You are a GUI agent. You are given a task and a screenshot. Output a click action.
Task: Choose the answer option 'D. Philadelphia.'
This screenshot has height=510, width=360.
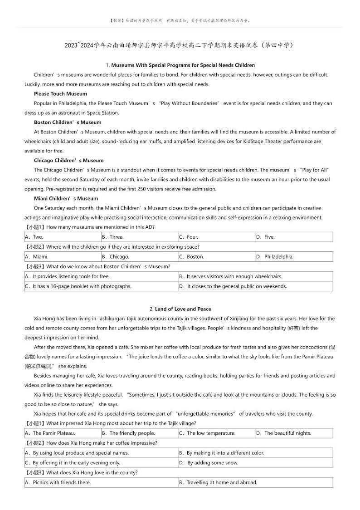(x=275, y=256)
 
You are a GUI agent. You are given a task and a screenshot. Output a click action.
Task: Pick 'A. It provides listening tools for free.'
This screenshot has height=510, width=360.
(x=68, y=276)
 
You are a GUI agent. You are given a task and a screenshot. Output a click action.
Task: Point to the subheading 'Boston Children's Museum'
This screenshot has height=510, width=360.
(x=68, y=122)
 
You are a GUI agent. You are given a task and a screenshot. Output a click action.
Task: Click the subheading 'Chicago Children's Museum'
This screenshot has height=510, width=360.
(x=68, y=160)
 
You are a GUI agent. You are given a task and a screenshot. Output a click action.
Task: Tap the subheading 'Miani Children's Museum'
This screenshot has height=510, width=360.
(x=66, y=198)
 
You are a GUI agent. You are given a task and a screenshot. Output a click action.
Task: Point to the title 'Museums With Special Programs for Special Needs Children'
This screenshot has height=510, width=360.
(x=183, y=65)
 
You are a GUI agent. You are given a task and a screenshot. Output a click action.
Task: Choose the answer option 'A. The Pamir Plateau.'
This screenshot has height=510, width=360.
(x=50, y=433)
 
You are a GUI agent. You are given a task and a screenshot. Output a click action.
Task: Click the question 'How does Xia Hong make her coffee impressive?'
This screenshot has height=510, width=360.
(x=102, y=443)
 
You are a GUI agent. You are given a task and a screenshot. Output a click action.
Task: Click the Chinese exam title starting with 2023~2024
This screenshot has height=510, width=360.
(x=180, y=45)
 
